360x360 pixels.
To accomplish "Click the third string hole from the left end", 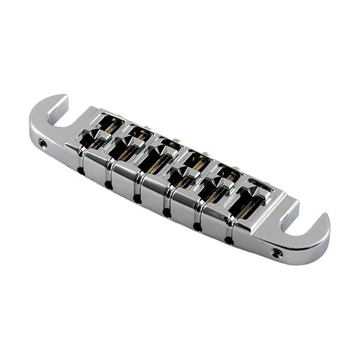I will point(137,199).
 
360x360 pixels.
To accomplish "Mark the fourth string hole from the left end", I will point(167,212).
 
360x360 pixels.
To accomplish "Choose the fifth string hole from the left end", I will point(197,227).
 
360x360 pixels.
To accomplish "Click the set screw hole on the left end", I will point(43,143).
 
